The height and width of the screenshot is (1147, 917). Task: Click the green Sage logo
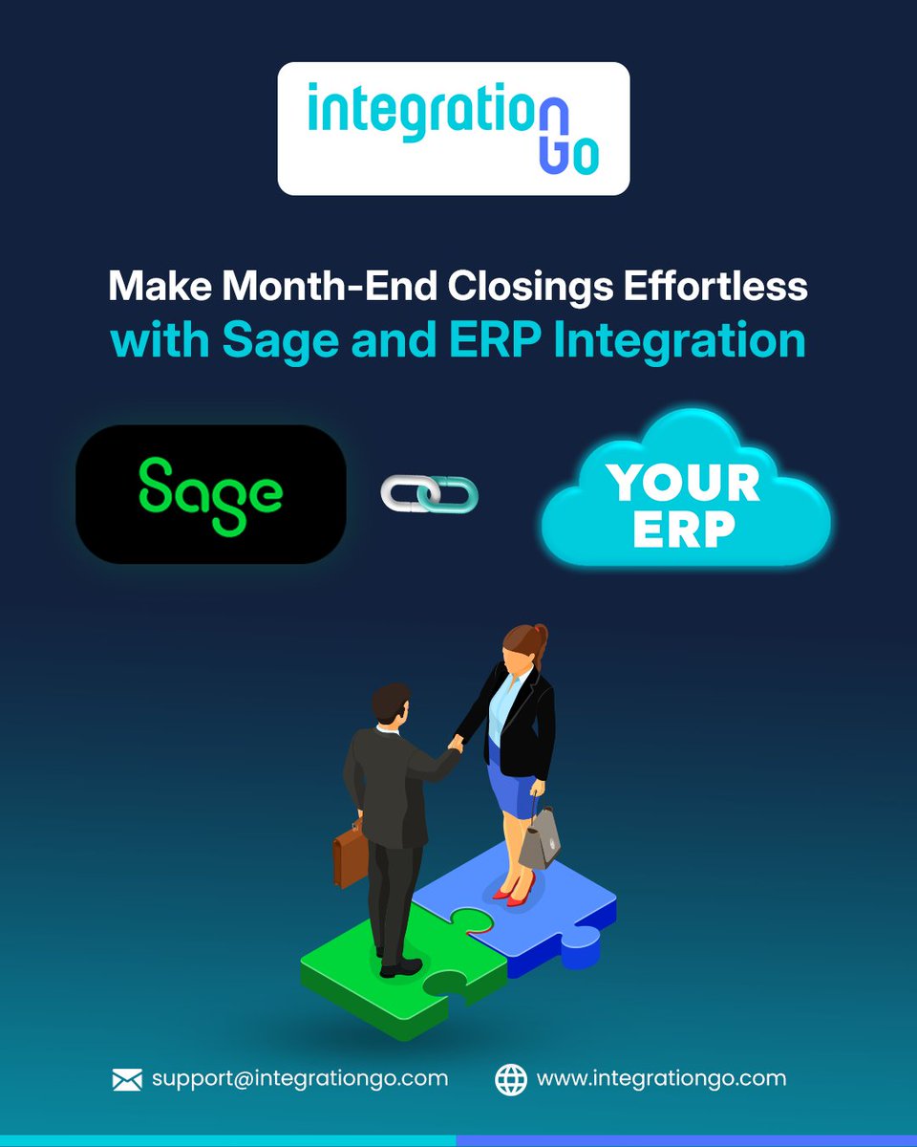click(x=211, y=495)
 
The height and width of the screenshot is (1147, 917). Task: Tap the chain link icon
click(x=429, y=493)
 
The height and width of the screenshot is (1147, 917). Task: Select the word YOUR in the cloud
click(x=684, y=483)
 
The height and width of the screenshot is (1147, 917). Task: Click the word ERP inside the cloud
click(x=684, y=530)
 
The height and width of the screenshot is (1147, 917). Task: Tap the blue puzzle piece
click(x=535, y=913)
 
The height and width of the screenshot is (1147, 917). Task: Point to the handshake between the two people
click(x=456, y=743)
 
